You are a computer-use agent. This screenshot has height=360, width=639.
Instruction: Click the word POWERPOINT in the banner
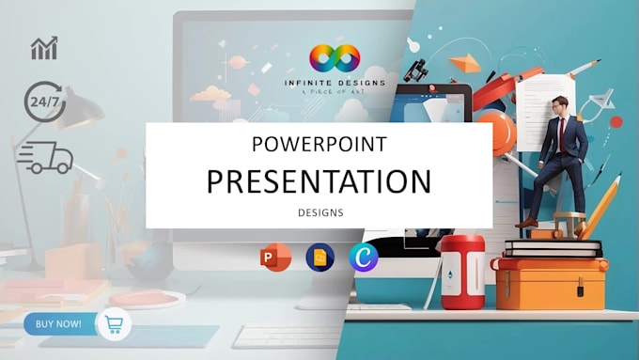click(x=319, y=145)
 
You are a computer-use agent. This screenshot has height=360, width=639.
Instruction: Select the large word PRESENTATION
click(x=319, y=181)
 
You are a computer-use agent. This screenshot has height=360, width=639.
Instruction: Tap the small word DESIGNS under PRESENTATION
click(x=319, y=212)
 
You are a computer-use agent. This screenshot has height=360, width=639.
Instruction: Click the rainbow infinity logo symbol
click(x=335, y=60)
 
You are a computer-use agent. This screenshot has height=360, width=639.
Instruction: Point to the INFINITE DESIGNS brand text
click(x=335, y=84)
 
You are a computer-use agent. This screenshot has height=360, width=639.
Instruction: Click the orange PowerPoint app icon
click(x=276, y=258)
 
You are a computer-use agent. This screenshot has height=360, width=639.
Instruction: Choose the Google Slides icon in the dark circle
click(x=320, y=258)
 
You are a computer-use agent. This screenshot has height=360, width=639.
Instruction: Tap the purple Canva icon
click(x=364, y=258)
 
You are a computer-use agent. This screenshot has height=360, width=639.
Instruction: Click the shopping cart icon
click(x=114, y=325)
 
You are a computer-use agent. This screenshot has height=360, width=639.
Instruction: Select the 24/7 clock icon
click(x=44, y=102)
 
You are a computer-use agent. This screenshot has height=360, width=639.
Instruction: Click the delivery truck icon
click(x=44, y=157)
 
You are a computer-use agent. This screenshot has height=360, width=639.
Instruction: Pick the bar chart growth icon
click(x=44, y=49)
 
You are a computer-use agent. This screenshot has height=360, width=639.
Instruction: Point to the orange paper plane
click(x=464, y=64)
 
